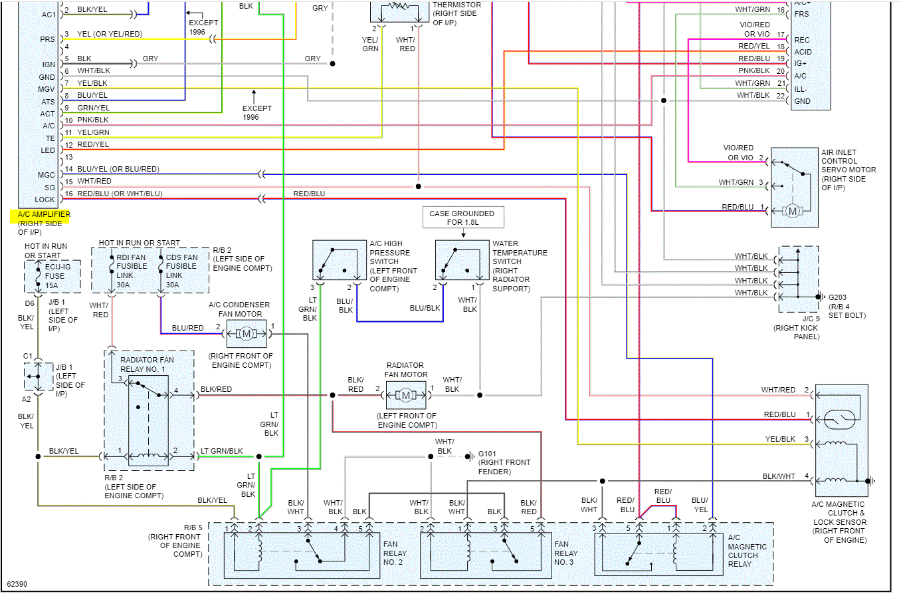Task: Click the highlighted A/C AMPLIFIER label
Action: (41, 216)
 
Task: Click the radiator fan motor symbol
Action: (405, 395)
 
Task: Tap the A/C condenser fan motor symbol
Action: (246, 333)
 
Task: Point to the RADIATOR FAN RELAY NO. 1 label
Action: (148, 365)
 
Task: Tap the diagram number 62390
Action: (17, 585)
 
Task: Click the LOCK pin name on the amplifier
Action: (46, 199)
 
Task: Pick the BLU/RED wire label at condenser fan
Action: (187, 328)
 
